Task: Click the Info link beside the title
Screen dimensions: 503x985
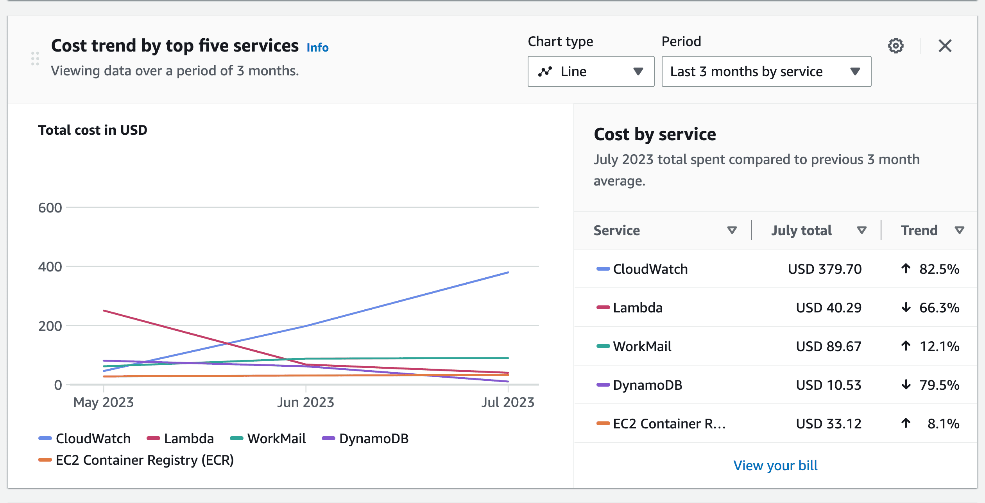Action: (317, 48)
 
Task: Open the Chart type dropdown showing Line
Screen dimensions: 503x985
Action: (590, 71)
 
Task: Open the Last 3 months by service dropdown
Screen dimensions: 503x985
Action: (766, 71)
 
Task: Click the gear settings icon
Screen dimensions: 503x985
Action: (895, 46)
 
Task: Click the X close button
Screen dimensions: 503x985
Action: (944, 46)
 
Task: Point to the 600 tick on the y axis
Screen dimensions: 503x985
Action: (50, 208)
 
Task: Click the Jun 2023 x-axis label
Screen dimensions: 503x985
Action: (306, 402)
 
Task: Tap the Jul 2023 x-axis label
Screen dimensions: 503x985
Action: (507, 402)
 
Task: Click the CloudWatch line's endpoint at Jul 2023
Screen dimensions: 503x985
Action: (508, 272)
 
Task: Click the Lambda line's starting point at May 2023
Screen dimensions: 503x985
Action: (104, 311)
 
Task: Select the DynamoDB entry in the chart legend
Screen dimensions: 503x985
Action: (365, 439)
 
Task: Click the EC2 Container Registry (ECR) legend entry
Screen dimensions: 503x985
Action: (136, 460)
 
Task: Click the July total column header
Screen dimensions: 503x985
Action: (801, 230)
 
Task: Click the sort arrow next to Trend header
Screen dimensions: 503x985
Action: (959, 230)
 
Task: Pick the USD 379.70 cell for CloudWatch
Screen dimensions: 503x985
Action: (824, 269)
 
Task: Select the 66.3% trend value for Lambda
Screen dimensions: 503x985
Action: (939, 308)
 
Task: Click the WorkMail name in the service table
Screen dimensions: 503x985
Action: (642, 346)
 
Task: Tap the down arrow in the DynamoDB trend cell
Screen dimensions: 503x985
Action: (906, 385)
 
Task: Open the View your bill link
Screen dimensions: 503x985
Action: (775, 466)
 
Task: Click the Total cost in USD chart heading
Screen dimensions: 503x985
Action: (93, 130)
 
